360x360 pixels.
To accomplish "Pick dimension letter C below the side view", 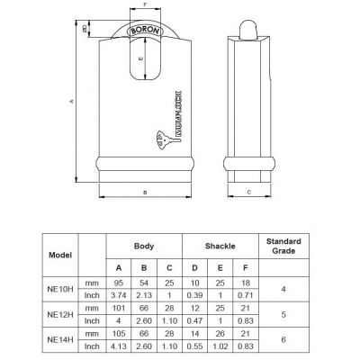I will point(248,192).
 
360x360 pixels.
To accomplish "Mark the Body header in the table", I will point(144,244).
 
